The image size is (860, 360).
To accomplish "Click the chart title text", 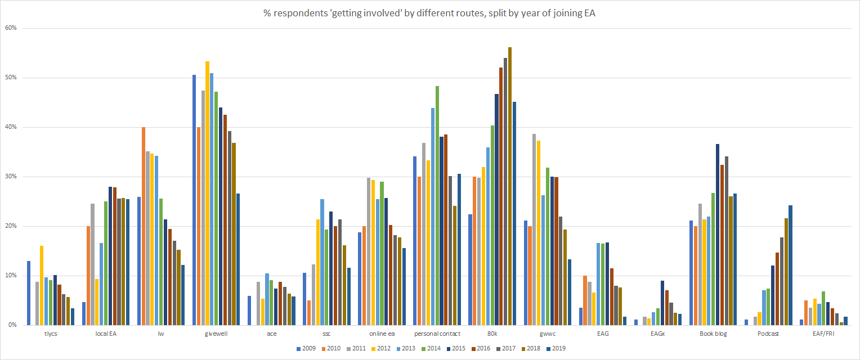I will tap(429, 14).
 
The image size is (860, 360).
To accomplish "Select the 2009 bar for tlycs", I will tap(29, 293).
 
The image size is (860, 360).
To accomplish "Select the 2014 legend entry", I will tap(432, 348).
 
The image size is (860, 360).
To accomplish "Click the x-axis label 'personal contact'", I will tap(437, 334).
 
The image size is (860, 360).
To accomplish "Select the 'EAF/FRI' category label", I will tap(823, 334).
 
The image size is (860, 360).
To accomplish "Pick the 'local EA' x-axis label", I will tap(106, 334).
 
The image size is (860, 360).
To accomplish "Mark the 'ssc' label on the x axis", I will tap(326, 334).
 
